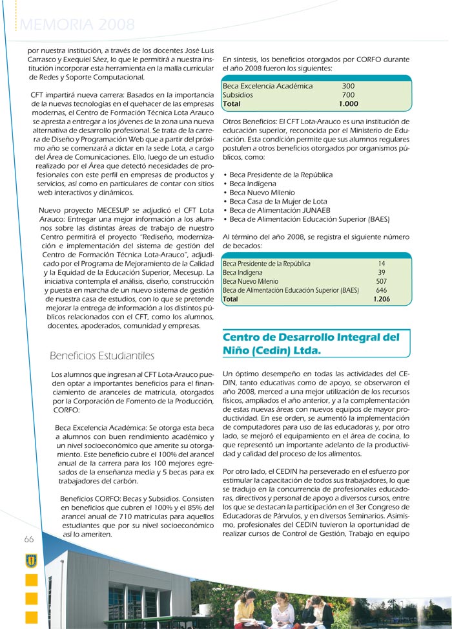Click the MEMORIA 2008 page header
(x=78, y=25)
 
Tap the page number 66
(x=29, y=539)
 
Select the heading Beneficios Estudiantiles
(x=102, y=356)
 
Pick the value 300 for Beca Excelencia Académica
(x=348, y=86)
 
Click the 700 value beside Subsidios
(x=348, y=94)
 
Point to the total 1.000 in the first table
(x=348, y=103)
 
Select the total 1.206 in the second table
(x=381, y=299)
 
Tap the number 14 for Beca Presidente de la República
(x=382, y=264)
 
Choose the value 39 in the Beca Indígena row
(x=382, y=273)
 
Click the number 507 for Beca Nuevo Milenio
(x=381, y=282)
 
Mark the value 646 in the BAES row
(x=381, y=291)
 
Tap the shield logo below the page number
(x=31, y=560)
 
